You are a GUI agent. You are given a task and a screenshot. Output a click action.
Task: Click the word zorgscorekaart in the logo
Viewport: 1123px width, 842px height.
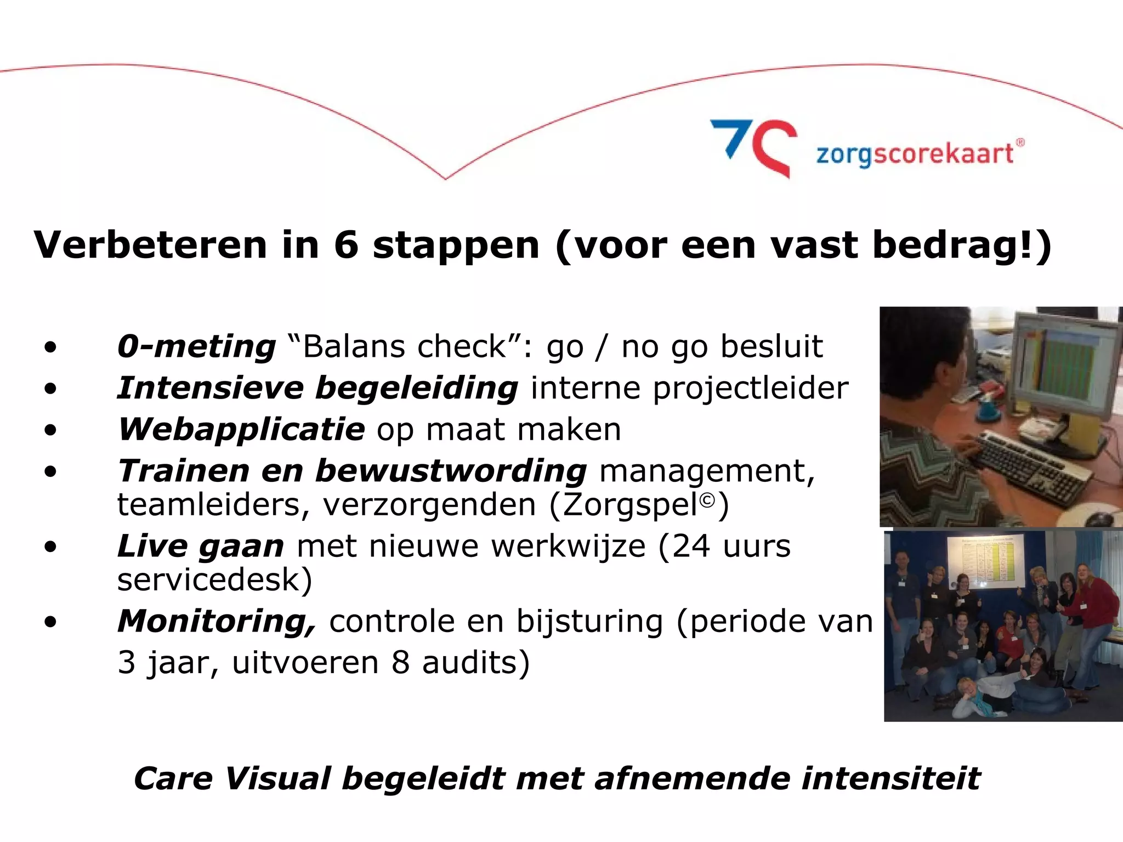[x=915, y=154]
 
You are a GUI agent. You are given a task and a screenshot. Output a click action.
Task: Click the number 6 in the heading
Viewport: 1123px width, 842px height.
[x=346, y=244]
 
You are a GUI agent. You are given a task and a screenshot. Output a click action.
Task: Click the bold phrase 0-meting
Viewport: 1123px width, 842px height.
[x=196, y=346]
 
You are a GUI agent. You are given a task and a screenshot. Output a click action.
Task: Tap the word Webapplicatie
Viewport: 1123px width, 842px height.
[x=241, y=429]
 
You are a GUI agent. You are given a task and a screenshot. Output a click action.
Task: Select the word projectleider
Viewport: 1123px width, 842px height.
[x=750, y=388]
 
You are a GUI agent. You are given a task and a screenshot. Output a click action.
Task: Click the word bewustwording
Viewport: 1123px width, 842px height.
[x=451, y=471]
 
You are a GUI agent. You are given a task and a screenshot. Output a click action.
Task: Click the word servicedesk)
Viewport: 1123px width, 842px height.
[x=214, y=580]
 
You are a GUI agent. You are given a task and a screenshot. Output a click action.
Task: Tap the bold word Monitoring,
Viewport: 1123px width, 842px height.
[x=217, y=622]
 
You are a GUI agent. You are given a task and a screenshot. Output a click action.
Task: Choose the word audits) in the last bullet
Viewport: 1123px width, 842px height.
[x=475, y=663]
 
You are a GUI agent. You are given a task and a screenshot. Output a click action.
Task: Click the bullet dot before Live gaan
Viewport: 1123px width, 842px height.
[x=50, y=547]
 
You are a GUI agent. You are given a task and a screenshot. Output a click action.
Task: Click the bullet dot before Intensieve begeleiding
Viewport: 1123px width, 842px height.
[x=50, y=389]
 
